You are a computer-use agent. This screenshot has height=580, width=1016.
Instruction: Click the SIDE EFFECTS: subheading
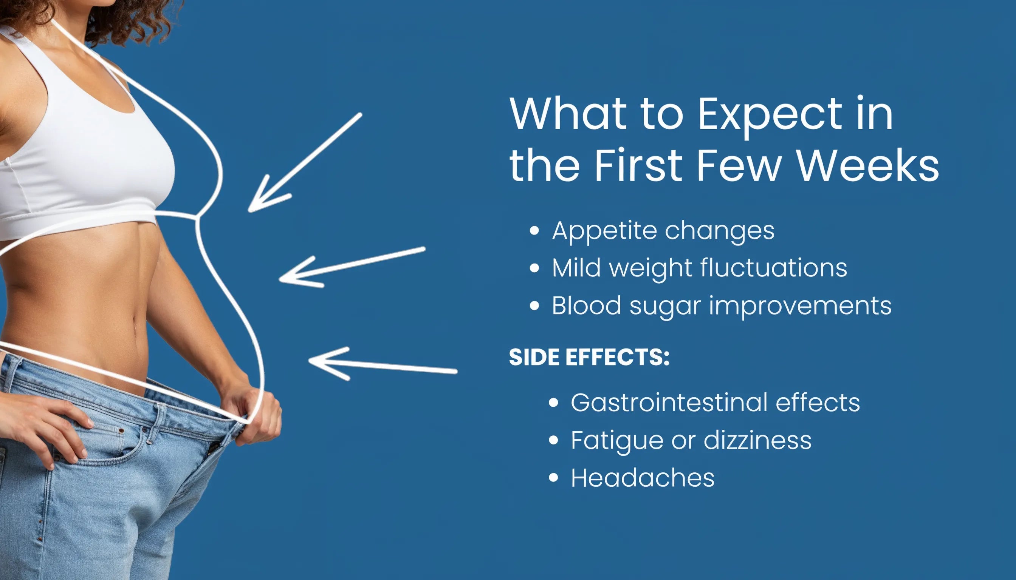pos(589,357)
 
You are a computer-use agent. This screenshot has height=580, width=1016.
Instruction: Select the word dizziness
pos(757,440)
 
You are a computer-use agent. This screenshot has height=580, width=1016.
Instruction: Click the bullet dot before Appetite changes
pos(534,231)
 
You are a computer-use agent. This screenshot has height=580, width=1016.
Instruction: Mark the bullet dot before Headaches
pos(553,478)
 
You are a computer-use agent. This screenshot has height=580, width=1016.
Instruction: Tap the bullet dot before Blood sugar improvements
pos(534,306)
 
